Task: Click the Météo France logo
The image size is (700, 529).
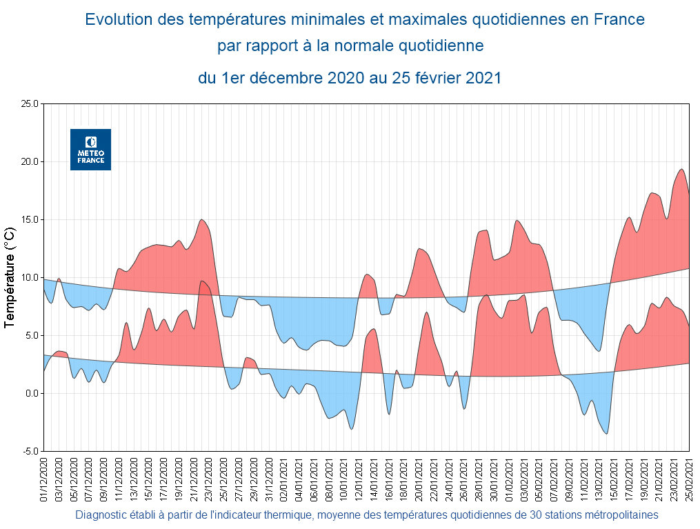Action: point(90,149)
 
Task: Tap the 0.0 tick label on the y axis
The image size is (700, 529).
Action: point(32,394)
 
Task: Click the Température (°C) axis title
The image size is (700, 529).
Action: point(10,277)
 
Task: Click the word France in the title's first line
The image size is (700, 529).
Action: point(619,19)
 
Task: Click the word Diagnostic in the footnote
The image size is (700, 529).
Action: point(100,515)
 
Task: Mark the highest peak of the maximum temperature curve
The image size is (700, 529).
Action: point(681,169)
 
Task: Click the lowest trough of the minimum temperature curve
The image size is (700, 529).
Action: point(607,434)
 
